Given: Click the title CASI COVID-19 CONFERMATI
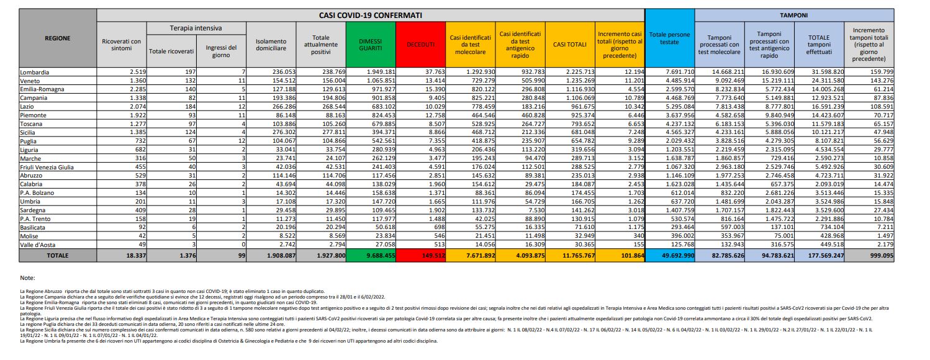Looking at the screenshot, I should (x=371, y=15).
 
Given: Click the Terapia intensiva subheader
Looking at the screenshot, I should (x=196, y=29).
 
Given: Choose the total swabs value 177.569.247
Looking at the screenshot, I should (x=818, y=255).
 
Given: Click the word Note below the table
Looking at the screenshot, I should (x=27, y=278).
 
